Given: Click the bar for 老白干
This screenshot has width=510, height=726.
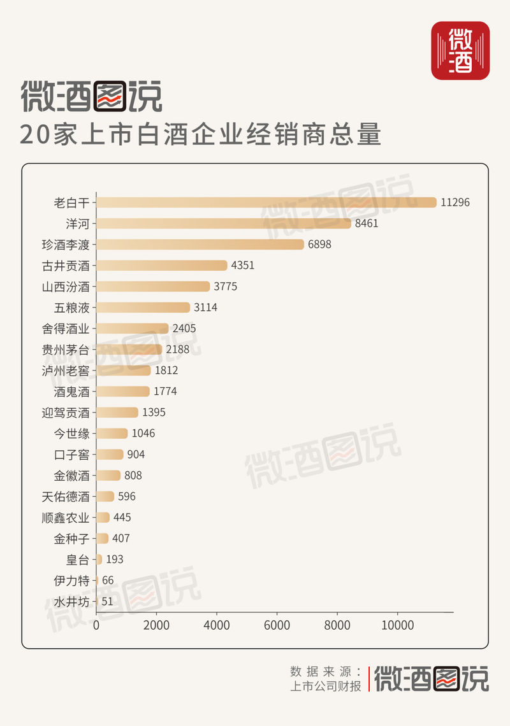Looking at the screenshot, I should coord(266,203).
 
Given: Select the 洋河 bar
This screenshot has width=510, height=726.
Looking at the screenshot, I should coord(224,224).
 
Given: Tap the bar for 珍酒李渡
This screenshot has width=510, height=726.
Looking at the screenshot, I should coord(200,245).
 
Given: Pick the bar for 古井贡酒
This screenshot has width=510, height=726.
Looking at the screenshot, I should coord(162,266).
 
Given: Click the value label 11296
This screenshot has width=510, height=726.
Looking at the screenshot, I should coord(455,203).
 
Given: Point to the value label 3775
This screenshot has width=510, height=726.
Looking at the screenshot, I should coord(225,287).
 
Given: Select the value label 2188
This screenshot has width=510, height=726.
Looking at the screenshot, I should coord(178,350).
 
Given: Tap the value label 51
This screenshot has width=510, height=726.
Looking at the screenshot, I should coord(108,601).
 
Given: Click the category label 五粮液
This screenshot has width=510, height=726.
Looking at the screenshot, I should coord(72,308).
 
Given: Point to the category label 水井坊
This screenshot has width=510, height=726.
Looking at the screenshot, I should coord(72,601).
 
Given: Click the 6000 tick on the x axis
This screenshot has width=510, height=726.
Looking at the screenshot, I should coord(277,625).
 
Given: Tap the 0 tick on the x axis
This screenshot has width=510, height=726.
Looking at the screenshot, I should coord(96,625).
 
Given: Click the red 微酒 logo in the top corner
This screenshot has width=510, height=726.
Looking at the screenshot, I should coord(460,50).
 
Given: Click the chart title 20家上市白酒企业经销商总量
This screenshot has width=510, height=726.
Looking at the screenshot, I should coord(201,135).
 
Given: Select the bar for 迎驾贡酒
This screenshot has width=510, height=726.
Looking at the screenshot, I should coord(117,413).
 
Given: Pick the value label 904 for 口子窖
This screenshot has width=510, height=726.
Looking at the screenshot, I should coord(136,455).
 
